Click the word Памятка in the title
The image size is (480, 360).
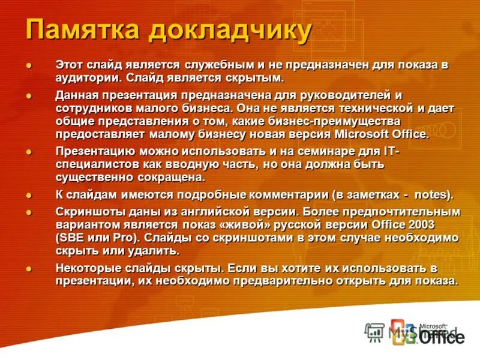pos(77,29)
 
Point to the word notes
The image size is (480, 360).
pos(434,196)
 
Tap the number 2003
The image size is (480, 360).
pos(422,224)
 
